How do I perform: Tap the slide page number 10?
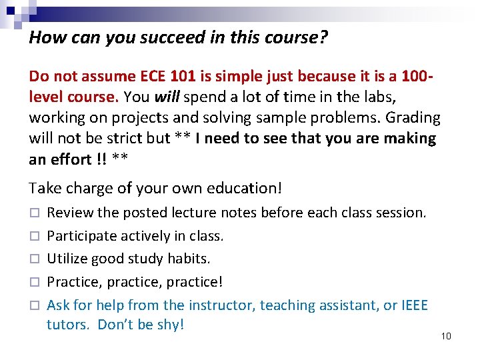click(446, 335)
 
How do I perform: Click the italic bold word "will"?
click(166, 97)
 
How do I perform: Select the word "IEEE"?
click(415, 305)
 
